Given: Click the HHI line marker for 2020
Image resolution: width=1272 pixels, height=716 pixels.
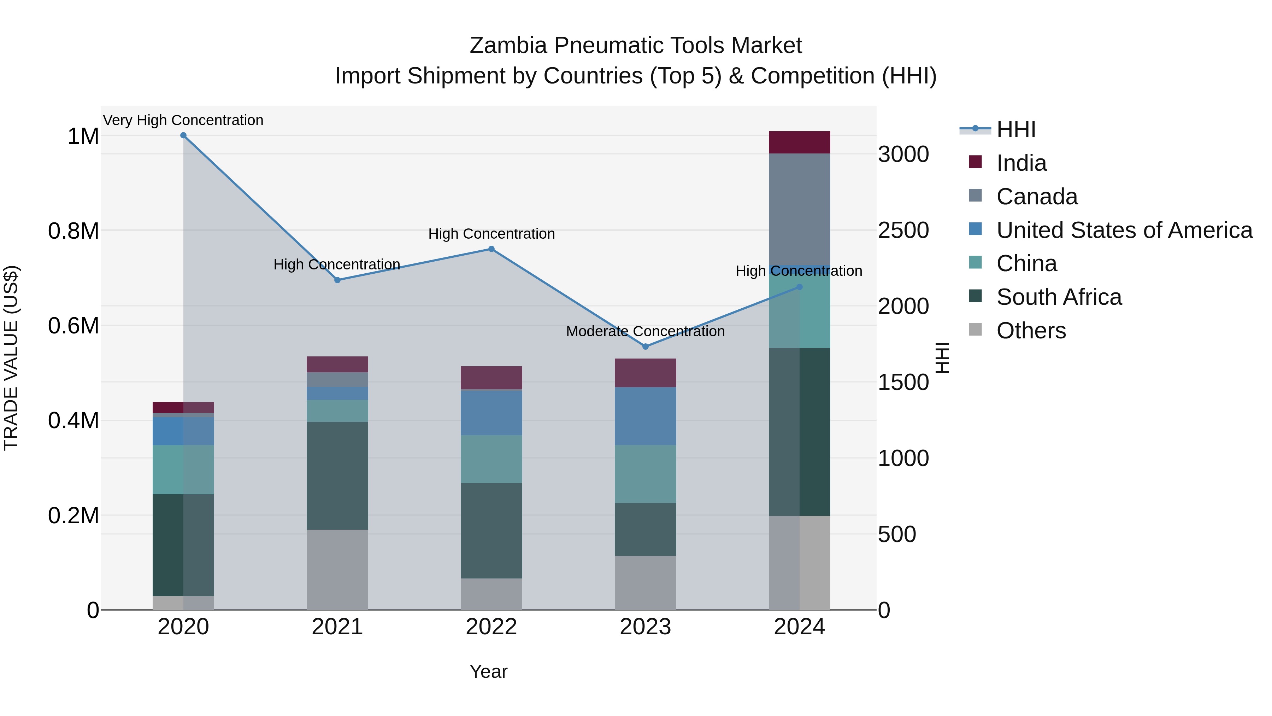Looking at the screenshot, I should click(x=183, y=135).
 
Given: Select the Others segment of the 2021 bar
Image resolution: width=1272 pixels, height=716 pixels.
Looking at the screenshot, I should click(x=337, y=569).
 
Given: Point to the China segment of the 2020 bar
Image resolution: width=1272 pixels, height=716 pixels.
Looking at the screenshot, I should click(x=183, y=470).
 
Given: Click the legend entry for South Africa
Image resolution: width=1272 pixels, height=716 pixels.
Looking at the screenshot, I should click(x=1059, y=297).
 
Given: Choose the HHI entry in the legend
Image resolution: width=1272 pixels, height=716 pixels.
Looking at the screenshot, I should click(x=1016, y=129).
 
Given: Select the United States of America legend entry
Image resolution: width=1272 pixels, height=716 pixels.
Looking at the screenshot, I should click(x=1124, y=230).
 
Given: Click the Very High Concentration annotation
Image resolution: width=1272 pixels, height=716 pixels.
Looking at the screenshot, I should click(x=183, y=120).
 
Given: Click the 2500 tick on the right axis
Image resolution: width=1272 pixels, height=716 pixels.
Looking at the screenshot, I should click(x=903, y=230).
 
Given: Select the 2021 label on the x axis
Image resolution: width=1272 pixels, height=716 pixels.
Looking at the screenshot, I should click(x=337, y=627).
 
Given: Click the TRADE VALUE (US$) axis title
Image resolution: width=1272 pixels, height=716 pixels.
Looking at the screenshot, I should click(x=11, y=358).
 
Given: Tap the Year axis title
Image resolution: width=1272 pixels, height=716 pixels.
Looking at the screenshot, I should click(x=488, y=671).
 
